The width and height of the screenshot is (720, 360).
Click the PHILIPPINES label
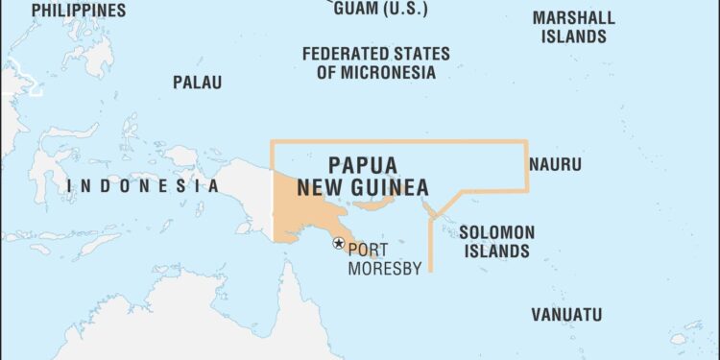click(x=78, y=10)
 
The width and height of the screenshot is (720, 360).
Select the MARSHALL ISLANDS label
click(x=573, y=28)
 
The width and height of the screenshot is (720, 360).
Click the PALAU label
click(x=197, y=83)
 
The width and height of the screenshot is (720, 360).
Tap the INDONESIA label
click(x=143, y=186)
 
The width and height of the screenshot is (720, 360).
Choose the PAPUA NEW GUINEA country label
click(x=363, y=176)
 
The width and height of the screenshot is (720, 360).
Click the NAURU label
click(x=555, y=164)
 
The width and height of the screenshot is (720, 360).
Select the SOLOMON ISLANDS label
click(x=495, y=242)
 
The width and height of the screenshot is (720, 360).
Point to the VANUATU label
click(x=566, y=314)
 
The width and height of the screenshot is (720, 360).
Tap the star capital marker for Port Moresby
click(x=338, y=243)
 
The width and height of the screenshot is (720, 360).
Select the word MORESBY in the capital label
click(x=384, y=269)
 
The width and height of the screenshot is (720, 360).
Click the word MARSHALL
click(x=573, y=18)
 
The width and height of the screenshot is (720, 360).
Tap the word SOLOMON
click(x=496, y=232)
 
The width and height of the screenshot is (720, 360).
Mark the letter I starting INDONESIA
click(x=71, y=186)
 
